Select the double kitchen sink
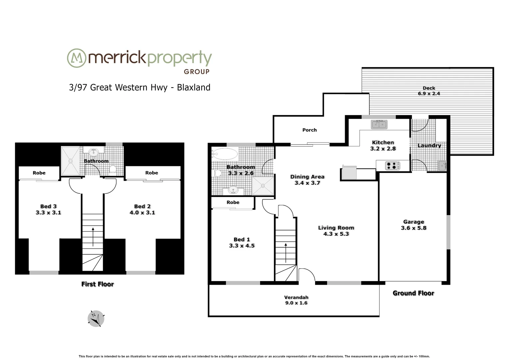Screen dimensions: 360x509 379,125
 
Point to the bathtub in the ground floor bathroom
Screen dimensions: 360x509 225,154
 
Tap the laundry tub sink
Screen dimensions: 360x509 442,165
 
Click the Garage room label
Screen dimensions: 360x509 413,222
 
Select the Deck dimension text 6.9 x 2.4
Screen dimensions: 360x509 429,94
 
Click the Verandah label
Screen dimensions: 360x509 296,297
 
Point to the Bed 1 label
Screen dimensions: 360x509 242,239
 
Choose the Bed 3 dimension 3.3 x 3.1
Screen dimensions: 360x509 48,212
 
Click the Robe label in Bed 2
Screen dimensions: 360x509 152,173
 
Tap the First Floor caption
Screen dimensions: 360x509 98,284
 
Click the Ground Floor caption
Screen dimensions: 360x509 413,293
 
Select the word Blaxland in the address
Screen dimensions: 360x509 194,87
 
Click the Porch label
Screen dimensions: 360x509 309,130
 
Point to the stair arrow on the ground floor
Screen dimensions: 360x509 285,253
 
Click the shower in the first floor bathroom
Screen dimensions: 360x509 71,161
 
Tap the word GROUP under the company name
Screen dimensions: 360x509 197,71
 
